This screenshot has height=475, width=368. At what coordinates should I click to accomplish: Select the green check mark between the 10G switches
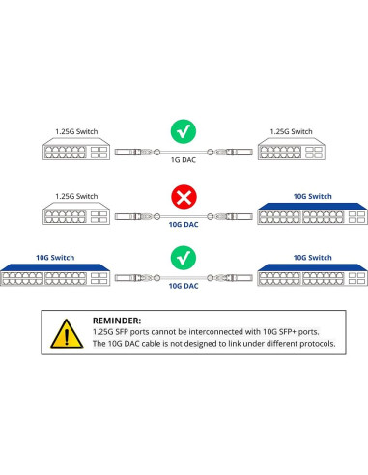click(184, 259)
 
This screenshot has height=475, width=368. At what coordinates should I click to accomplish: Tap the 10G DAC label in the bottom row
click(184, 287)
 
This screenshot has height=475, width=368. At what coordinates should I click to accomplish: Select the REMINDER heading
click(117, 320)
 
